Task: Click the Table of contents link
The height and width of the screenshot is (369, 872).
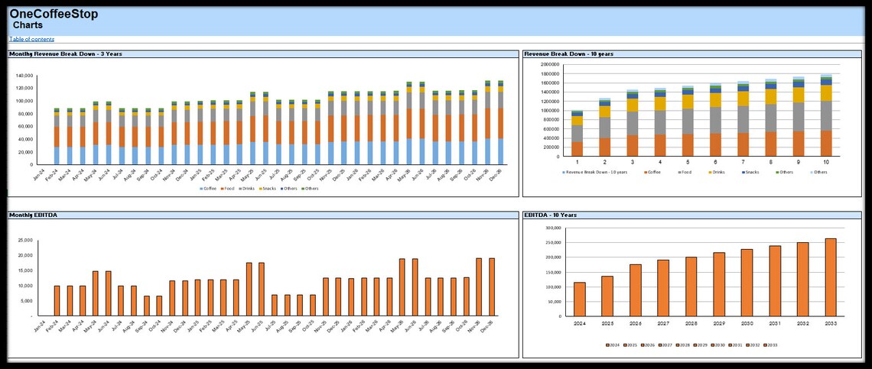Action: (31, 39)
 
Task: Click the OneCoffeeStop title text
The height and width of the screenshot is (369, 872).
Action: (54, 14)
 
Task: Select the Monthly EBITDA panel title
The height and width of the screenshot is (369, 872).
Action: (33, 215)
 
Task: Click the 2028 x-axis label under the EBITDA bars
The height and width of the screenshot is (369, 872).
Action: (691, 324)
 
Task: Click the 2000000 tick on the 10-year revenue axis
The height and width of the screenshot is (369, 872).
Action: (549, 65)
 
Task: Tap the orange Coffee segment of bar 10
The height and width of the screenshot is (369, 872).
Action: (826, 144)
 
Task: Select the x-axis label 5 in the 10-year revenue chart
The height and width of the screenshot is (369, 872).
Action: (688, 163)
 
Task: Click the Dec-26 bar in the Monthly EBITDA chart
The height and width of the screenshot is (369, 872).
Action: (492, 286)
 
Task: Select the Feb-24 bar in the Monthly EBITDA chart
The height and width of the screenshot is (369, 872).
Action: (57, 300)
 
